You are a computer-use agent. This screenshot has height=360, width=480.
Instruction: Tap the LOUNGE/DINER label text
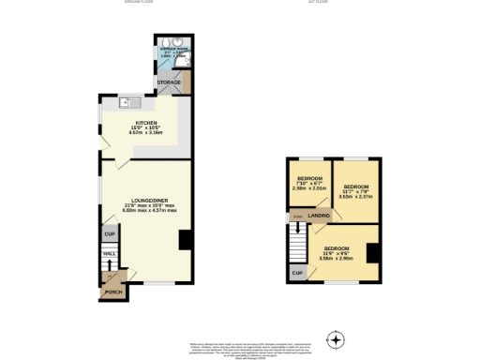coord(143,199)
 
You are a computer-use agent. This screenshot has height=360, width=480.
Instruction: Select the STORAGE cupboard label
coord(169,82)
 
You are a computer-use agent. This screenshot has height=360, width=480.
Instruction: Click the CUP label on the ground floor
coord(109,232)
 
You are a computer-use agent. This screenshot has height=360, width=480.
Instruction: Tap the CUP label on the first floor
coord(297,273)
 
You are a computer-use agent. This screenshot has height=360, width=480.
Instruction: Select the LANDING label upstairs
coord(320,216)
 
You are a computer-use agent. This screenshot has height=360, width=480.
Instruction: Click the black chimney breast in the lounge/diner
coord(186,240)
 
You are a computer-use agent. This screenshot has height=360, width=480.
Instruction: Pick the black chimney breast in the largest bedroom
coord(372,252)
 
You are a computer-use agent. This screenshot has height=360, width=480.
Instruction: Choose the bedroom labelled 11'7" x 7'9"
coord(355,188)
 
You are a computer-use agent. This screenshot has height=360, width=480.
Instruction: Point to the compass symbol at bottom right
coord(335,338)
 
